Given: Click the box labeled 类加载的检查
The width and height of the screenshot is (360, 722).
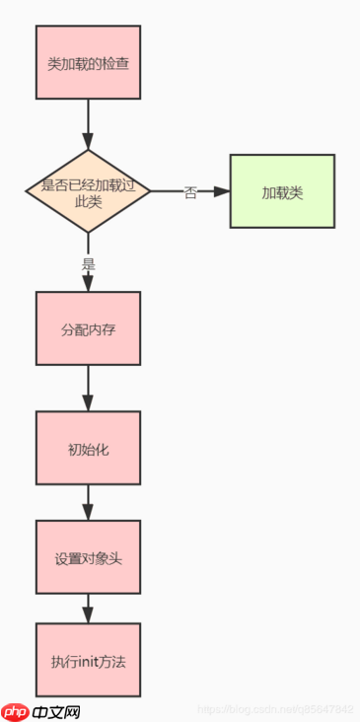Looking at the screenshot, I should pos(88,63).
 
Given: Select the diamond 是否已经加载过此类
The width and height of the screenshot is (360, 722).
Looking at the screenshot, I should pos(88,191).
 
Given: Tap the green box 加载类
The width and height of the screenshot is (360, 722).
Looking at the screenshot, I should pos(282,191).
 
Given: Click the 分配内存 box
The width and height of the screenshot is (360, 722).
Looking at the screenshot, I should pos(88,328).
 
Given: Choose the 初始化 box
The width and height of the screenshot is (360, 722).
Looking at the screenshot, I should pos(88,448).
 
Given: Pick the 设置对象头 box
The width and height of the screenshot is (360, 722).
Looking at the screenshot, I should pos(88,558).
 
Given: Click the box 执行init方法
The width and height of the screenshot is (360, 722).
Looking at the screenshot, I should pos(88,660).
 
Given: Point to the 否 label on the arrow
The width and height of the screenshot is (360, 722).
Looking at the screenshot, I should pos(190,192).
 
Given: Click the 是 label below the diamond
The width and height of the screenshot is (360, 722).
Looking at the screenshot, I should pos(88,263).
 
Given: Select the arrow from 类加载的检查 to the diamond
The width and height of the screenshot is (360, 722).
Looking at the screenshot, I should pos(88,123).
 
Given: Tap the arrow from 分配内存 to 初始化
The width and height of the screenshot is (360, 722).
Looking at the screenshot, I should pos(88,388).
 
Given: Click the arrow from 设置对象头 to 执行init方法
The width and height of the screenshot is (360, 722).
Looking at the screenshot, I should pos(88,608).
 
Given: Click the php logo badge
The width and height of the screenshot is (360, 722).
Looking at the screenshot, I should pos(14,710).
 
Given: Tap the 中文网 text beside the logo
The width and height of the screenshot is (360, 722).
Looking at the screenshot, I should pos(55,710).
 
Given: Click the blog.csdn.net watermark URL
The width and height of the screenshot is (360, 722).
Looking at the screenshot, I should pos(276,709).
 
